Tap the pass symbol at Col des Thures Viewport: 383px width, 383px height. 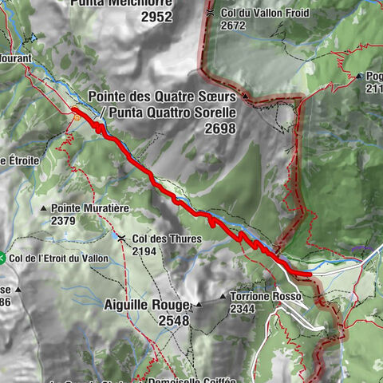coord(121,238)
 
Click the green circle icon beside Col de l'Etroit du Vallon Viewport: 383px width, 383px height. coord(2,257)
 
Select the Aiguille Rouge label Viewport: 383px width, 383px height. coord(146,304)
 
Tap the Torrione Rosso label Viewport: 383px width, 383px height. coord(265,296)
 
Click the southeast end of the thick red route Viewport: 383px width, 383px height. coord(309,274)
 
